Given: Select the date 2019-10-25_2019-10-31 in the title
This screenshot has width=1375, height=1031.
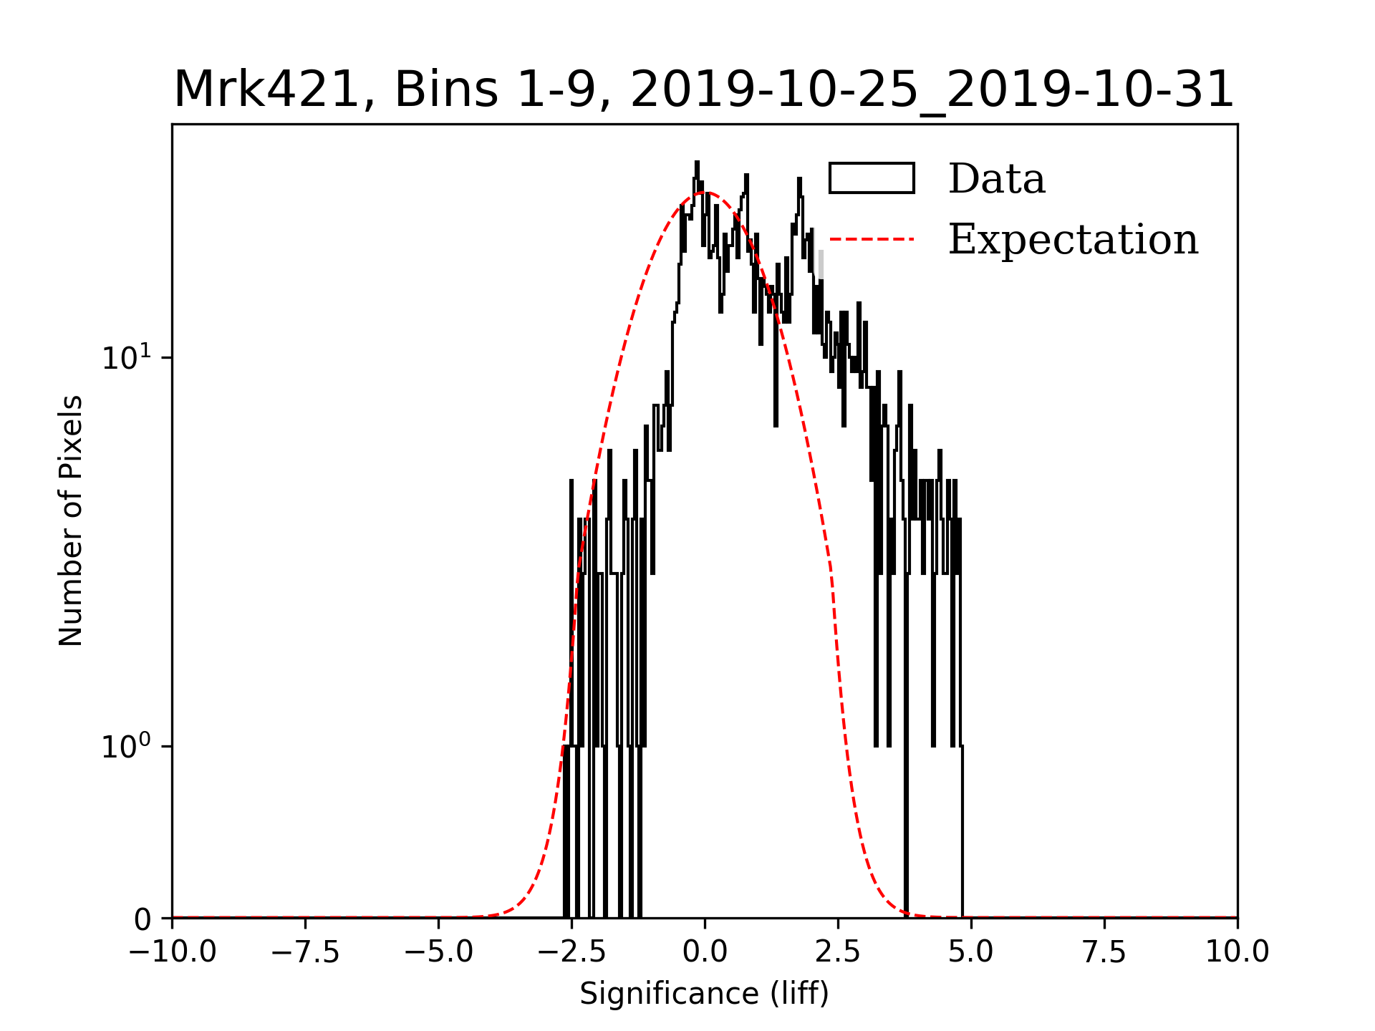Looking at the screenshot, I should [932, 90].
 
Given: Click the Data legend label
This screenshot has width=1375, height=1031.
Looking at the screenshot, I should [996, 179].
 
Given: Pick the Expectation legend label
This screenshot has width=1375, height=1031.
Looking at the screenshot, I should [1073, 239].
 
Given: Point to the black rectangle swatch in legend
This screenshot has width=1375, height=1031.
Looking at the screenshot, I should [872, 178].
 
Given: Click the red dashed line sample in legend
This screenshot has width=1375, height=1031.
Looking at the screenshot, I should [872, 239].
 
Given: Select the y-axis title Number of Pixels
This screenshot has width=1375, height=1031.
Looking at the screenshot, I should [71, 521].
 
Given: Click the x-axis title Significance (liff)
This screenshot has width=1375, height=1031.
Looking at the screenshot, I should [704, 994].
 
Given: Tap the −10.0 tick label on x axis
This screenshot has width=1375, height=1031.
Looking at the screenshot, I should [173, 952].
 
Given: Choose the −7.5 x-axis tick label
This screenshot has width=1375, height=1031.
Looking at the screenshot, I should [306, 952].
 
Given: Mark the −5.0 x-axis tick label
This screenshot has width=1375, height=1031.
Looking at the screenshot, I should [439, 952].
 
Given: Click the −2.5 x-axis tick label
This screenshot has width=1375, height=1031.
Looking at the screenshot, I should [571, 952].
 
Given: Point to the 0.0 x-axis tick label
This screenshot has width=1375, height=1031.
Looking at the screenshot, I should [705, 952].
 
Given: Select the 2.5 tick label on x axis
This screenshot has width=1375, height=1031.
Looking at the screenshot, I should [838, 952].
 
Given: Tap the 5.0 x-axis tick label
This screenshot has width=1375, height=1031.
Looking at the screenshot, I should [971, 952].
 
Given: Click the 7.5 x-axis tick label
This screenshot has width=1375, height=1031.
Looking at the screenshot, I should [1104, 952].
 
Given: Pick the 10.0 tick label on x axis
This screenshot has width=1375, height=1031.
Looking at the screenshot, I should [1237, 952].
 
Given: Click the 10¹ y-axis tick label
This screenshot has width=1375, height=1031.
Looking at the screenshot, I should [127, 357].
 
